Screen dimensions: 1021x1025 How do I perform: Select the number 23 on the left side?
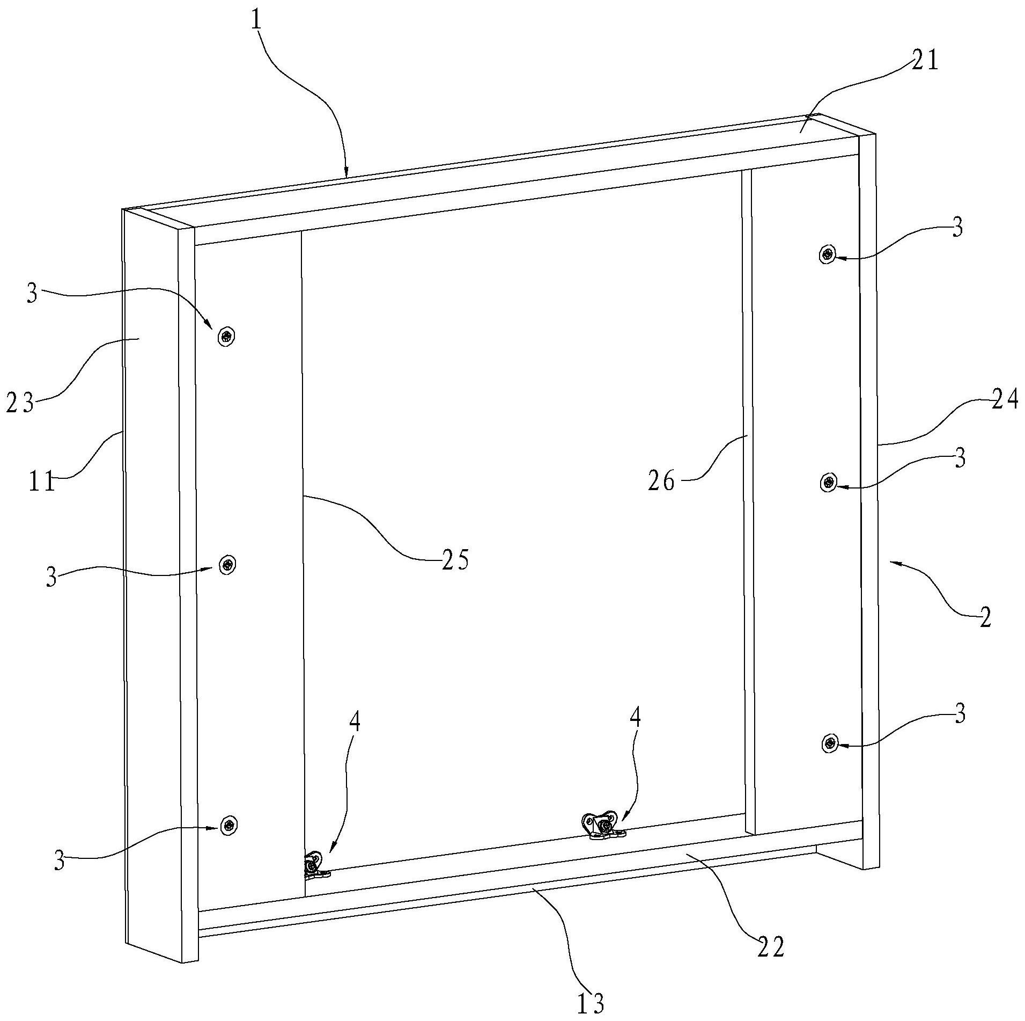coord(20,402)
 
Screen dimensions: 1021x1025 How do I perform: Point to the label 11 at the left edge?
coord(42,482)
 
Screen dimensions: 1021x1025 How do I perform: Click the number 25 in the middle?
coord(455,560)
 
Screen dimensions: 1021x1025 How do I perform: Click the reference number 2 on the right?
coord(985,617)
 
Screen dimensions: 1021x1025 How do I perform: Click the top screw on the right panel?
coord(828,253)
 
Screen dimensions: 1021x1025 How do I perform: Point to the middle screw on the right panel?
coord(829,483)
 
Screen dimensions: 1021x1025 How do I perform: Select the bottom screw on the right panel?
coord(830,743)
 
